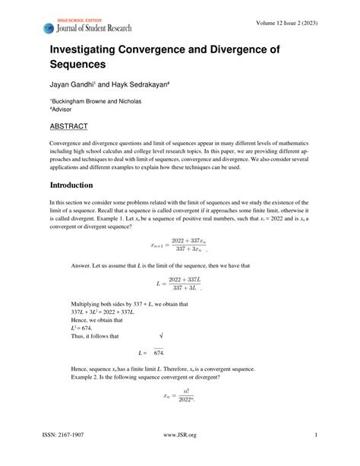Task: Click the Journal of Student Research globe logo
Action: point(51,28)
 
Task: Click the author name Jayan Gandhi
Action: point(73,87)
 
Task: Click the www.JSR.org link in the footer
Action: point(180,456)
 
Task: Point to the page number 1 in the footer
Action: point(315,456)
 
